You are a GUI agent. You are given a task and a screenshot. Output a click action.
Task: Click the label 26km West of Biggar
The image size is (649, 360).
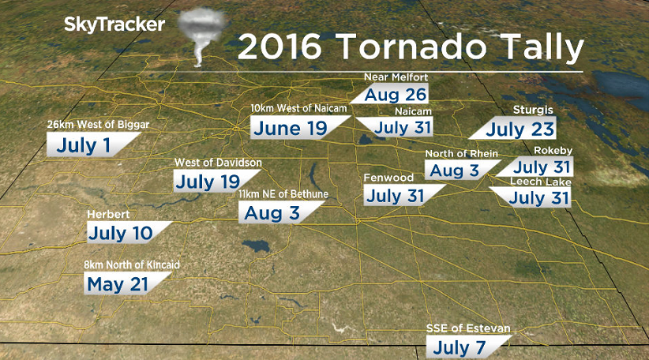point(98,125)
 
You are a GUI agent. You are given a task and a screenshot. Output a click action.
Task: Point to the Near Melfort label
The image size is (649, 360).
point(395,77)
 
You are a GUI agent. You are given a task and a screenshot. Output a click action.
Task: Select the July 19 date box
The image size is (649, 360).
point(207,182)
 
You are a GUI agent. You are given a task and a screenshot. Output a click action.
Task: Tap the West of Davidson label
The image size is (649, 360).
point(218,163)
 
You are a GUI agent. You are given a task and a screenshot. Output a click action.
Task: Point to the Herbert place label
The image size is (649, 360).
point(109,214)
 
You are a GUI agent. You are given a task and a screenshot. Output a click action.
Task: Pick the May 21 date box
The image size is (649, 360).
point(119,284)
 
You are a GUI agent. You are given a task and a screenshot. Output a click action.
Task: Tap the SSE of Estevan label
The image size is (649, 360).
point(467,328)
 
